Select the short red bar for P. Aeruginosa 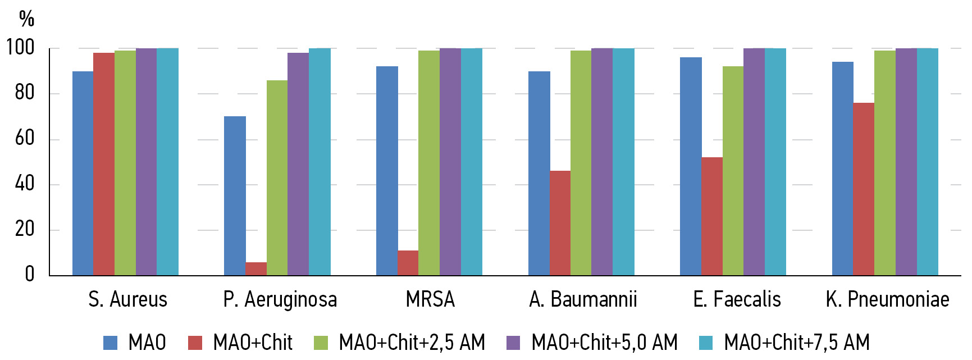pyautogui.click(x=256, y=268)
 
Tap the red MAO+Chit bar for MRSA pyautogui.click(x=408, y=263)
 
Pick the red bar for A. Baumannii pyautogui.click(x=560, y=223)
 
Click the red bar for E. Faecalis pyautogui.click(x=712, y=216)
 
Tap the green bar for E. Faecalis pyautogui.click(x=733, y=171)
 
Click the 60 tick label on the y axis pyautogui.click(x=25, y=138)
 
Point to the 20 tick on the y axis pyautogui.click(x=25, y=229)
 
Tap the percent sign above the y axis pyautogui.click(x=26, y=19)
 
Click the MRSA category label pyautogui.click(x=430, y=299)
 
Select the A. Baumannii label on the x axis pyautogui.click(x=583, y=299)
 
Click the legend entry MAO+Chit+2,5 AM pyautogui.click(x=412, y=342)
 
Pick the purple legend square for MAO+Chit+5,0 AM pyautogui.click(x=513, y=343)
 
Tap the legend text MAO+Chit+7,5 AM pyautogui.click(x=797, y=342)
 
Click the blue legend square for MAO pyautogui.click(x=110, y=343)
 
